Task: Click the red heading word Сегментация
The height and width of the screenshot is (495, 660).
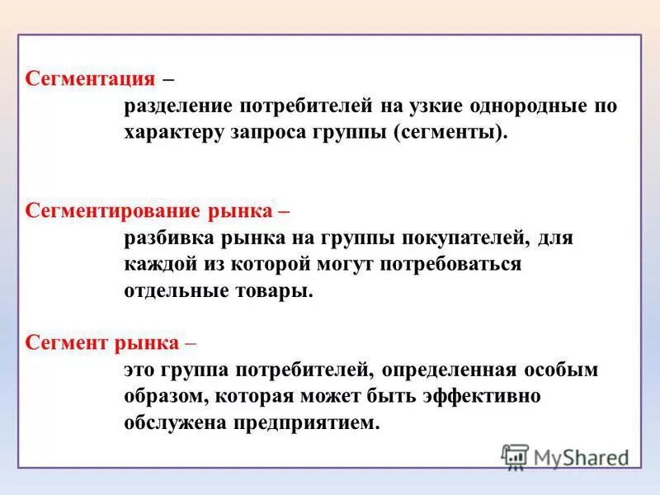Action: coord(91,79)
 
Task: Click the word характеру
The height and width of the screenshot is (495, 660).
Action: coord(172,133)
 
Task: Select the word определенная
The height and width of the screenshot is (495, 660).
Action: coord(450,370)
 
